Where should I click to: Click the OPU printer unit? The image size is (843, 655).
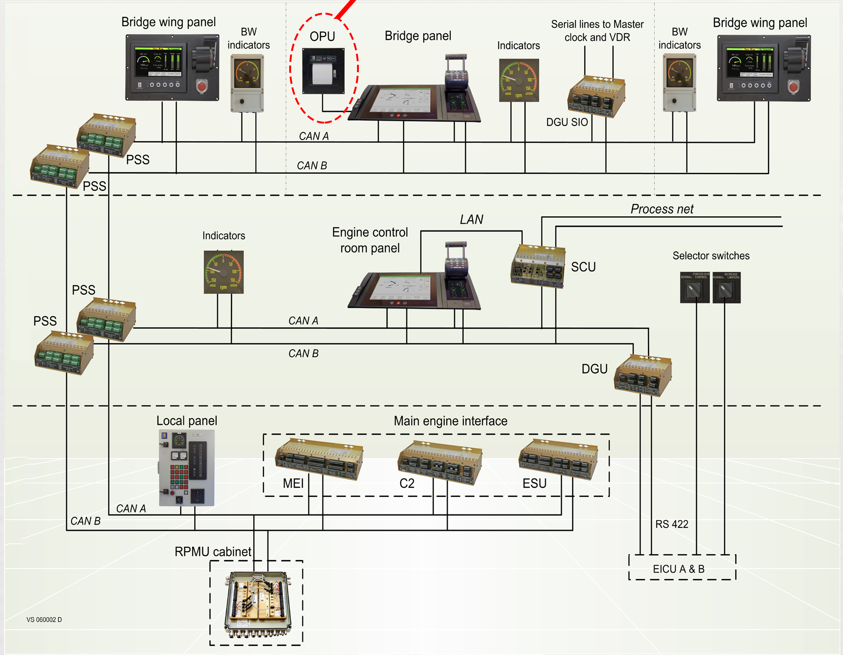point(323,71)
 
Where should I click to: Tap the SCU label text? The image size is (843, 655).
point(583,267)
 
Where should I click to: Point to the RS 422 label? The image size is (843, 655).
point(672,524)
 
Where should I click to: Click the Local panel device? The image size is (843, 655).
point(187,468)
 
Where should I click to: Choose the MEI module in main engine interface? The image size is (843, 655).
point(319,458)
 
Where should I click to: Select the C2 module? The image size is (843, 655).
point(440,461)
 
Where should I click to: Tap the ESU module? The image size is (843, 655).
point(558,458)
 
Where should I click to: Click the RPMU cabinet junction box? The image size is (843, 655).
point(258,603)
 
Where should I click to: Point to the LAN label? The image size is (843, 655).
point(471,219)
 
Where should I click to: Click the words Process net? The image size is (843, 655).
point(662,209)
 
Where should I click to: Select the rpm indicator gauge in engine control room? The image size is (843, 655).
point(224,272)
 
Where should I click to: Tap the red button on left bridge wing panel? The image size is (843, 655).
point(202,86)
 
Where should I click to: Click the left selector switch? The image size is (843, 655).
point(694,288)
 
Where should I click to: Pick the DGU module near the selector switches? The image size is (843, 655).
point(642,376)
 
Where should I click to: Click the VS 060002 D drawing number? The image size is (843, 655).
point(44,620)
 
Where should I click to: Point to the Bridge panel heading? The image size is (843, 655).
point(418,36)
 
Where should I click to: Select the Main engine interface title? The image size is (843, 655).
point(451,421)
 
